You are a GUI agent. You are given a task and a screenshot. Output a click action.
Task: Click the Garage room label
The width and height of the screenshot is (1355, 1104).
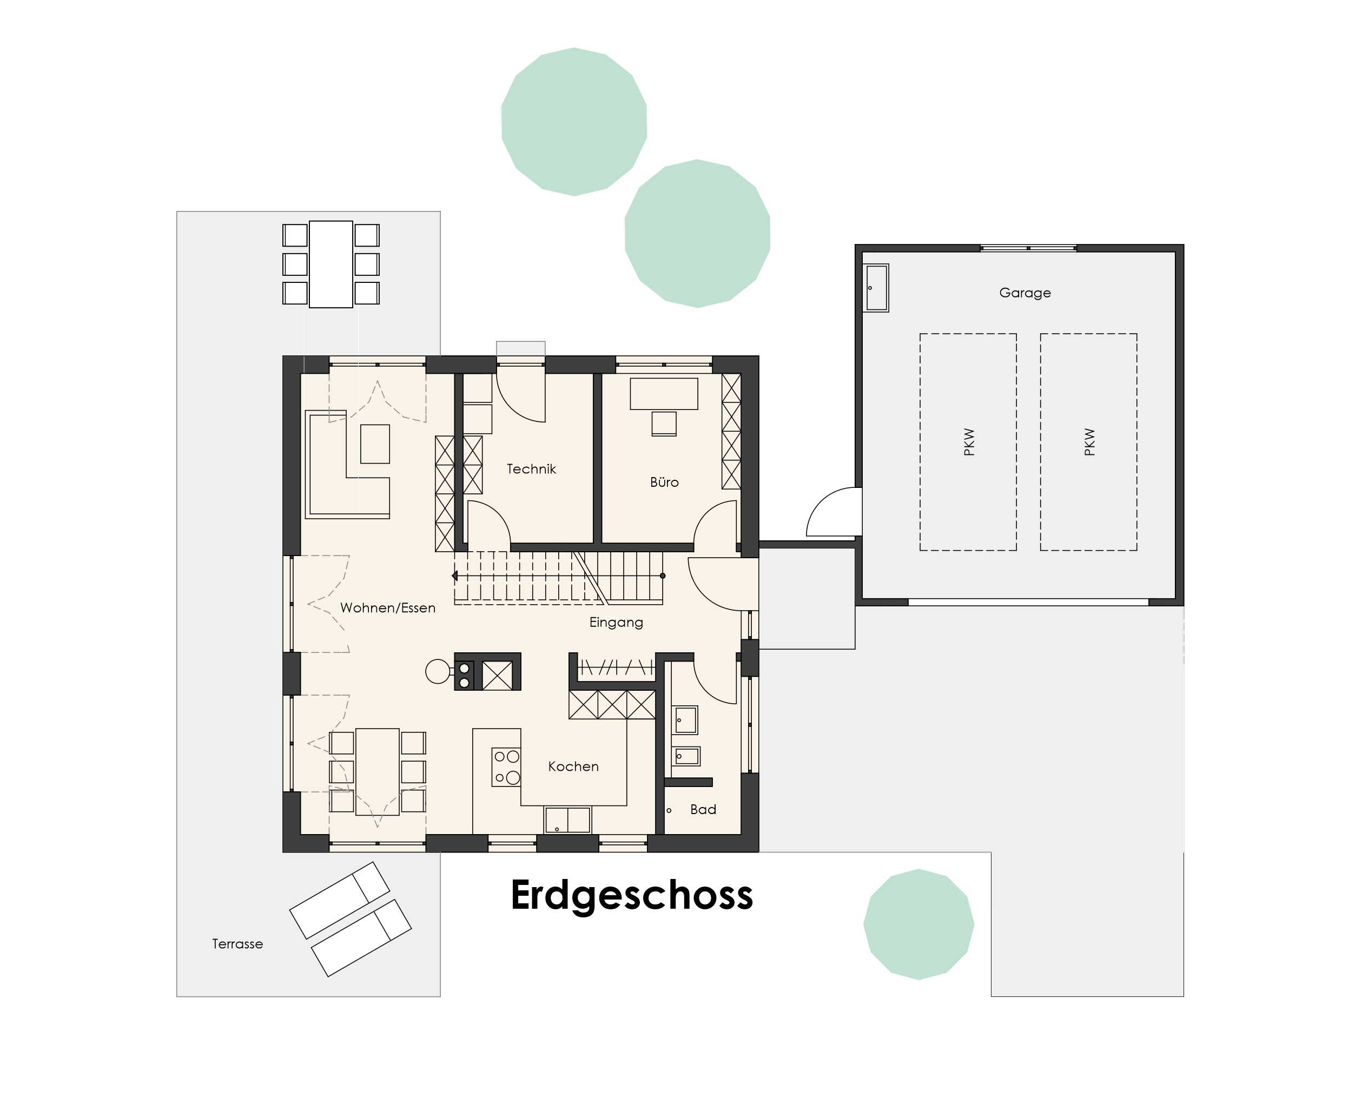[x=1024, y=293]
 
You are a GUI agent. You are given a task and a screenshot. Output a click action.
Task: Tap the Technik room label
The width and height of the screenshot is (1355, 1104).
[x=531, y=470]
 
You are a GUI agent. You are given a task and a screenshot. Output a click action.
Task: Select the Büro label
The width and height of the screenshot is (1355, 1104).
[x=664, y=482]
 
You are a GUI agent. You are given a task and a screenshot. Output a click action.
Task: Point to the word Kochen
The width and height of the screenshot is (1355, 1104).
[x=573, y=766]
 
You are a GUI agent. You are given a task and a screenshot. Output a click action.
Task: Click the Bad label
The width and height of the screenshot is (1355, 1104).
[x=703, y=810]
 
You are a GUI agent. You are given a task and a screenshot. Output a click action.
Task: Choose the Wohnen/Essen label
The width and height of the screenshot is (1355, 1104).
[x=387, y=607]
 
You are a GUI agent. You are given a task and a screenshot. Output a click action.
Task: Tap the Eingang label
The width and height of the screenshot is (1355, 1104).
[x=616, y=622]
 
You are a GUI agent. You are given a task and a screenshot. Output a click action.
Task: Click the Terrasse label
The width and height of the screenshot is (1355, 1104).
[x=237, y=944]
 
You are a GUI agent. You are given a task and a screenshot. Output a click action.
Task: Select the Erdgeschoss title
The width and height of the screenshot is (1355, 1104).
[x=631, y=895]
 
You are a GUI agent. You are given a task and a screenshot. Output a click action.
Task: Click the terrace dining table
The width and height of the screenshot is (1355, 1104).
[x=331, y=264]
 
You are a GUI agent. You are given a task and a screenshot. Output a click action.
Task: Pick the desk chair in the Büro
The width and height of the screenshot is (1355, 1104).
[x=664, y=424]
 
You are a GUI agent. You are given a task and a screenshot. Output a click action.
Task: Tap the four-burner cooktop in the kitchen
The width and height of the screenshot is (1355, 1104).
[x=506, y=766]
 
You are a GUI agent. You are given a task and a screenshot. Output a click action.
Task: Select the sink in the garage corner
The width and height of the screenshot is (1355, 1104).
[x=876, y=288]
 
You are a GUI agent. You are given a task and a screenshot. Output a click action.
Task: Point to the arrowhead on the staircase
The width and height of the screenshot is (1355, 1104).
[x=454, y=576]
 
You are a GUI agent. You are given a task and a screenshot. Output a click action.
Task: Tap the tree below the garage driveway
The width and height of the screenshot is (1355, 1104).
[x=918, y=924]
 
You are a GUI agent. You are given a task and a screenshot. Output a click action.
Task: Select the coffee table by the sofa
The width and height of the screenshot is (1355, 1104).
[x=374, y=444]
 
